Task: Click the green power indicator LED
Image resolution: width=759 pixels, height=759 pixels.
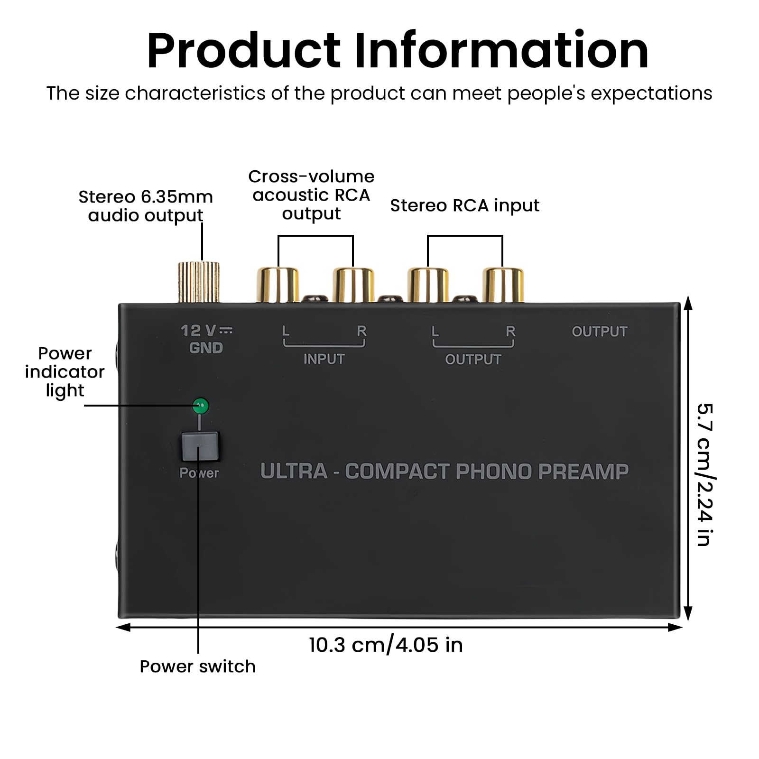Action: [201, 406]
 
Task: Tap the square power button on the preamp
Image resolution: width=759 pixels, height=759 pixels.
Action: [200, 446]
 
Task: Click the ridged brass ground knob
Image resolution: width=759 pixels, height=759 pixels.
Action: [199, 282]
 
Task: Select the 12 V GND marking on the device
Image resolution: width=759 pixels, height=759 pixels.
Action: [206, 339]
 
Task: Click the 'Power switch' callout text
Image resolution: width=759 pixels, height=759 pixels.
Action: [197, 666]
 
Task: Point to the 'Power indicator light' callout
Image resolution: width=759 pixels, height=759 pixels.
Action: [65, 372]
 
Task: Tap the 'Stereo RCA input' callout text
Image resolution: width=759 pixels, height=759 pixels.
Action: [464, 205]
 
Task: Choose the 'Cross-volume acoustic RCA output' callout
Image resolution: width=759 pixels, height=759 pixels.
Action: [311, 195]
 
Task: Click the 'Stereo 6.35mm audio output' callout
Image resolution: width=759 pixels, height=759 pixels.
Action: [146, 206]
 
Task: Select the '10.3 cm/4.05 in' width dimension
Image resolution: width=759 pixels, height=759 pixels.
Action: [386, 645]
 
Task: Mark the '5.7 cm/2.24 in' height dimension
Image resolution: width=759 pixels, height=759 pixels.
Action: [705, 474]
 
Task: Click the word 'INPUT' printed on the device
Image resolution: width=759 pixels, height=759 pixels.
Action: [324, 359]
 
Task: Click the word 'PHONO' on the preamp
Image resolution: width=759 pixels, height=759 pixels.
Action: [493, 471]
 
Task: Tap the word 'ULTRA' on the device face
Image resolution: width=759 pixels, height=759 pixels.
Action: [294, 471]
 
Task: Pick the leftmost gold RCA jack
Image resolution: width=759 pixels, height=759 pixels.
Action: [278, 285]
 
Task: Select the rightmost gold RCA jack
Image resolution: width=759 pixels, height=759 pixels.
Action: [503, 285]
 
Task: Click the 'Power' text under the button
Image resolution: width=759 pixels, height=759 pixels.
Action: [199, 473]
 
